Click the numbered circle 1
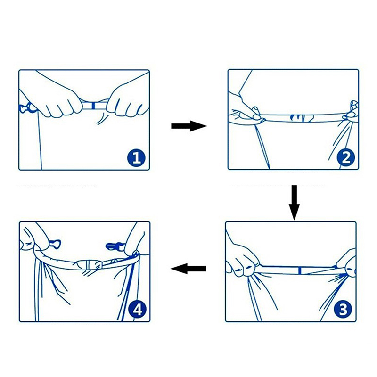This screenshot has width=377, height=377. tap(136, 158)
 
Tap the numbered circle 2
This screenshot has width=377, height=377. tap(346, 158)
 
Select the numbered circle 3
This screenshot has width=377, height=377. tap(343, 309)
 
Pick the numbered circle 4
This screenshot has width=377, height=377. tap(138, 310)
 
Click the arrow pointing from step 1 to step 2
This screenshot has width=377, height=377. tap(189, 126)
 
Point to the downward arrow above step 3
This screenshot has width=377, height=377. tap(294, 203)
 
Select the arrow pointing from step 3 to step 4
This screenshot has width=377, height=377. tap(188, 268)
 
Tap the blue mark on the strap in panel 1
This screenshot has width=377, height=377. tap(94, 106)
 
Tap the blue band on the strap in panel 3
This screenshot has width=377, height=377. tap(300, 270)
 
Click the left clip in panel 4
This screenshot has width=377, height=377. tap(55, 244)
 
